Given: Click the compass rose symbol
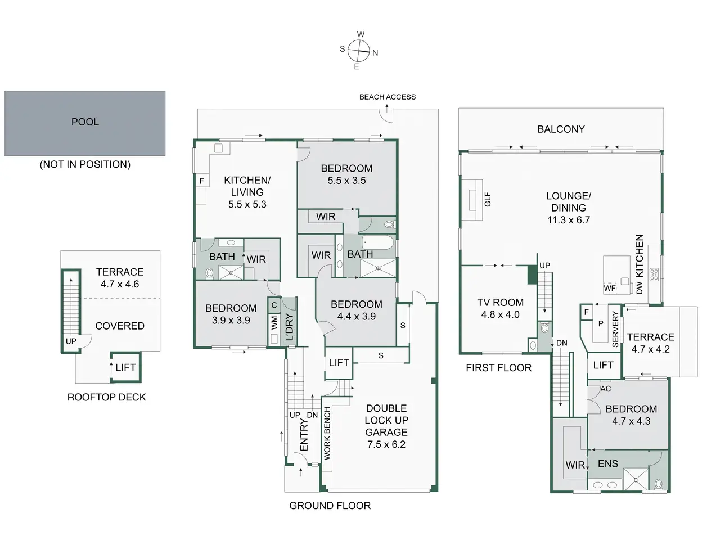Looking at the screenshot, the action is pyautogui.click(x=358, y=51).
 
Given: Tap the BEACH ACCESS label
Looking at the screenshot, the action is pyautogui.click(x=388, y=97).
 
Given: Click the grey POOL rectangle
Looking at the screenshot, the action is pyautogui.click(x=85, y=123).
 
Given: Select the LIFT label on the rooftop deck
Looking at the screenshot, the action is pyautogui.click(x=125, y=367).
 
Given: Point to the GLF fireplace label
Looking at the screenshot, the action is pyautogui.click(x=488, y=199).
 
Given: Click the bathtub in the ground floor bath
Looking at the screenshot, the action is pyautogui.click(x=377, y=242).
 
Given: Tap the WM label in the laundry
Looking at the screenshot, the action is pyautogui.click(x=274, y=323).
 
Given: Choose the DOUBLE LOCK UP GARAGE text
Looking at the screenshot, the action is pyautogui.click(x=386, y=420).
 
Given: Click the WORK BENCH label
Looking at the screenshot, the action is pyautogui.click(x=327, y=434).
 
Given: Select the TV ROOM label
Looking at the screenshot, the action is pyautogui.click(x=500, y=302).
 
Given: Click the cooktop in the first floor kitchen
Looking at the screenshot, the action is pyautogui.click(x=654, y=274).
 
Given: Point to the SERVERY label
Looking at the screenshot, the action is pyautogui.click(x=615, y=329).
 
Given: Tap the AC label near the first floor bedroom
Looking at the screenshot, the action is pyautogui.click(x=605, y=389).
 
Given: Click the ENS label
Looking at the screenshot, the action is pyautogui.click(x=608, y=463).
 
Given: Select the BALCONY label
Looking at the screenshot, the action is pyautogui.click(x=561, y=129).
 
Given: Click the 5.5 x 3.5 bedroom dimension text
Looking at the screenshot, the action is pyautogui.click(x=346, y=181).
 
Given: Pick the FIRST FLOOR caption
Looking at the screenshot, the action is pyautogui.click(x=498, y=368).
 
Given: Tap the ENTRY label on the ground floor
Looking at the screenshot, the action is pyautogui.click(x=304, y=435).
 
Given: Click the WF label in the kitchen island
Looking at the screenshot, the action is pyautogui.click(x=609, y=288).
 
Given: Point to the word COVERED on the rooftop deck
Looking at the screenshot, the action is pyautogui.click(x=120, y=326).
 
